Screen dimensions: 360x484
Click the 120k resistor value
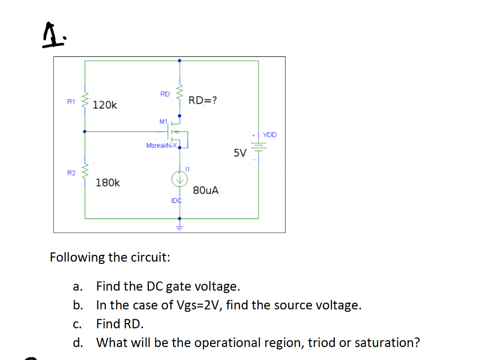(105, 105)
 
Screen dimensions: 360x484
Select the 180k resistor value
(108, 183)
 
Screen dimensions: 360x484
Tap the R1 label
(71, 101)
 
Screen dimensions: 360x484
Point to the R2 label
(71, 173)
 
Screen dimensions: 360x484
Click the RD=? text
(203, 100)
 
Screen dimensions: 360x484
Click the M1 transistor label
(164, 122)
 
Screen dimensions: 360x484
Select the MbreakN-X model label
(161, 145)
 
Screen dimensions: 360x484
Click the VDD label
(270, 135)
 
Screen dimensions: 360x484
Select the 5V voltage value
(240, 153)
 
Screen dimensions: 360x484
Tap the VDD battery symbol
(258, 147)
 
